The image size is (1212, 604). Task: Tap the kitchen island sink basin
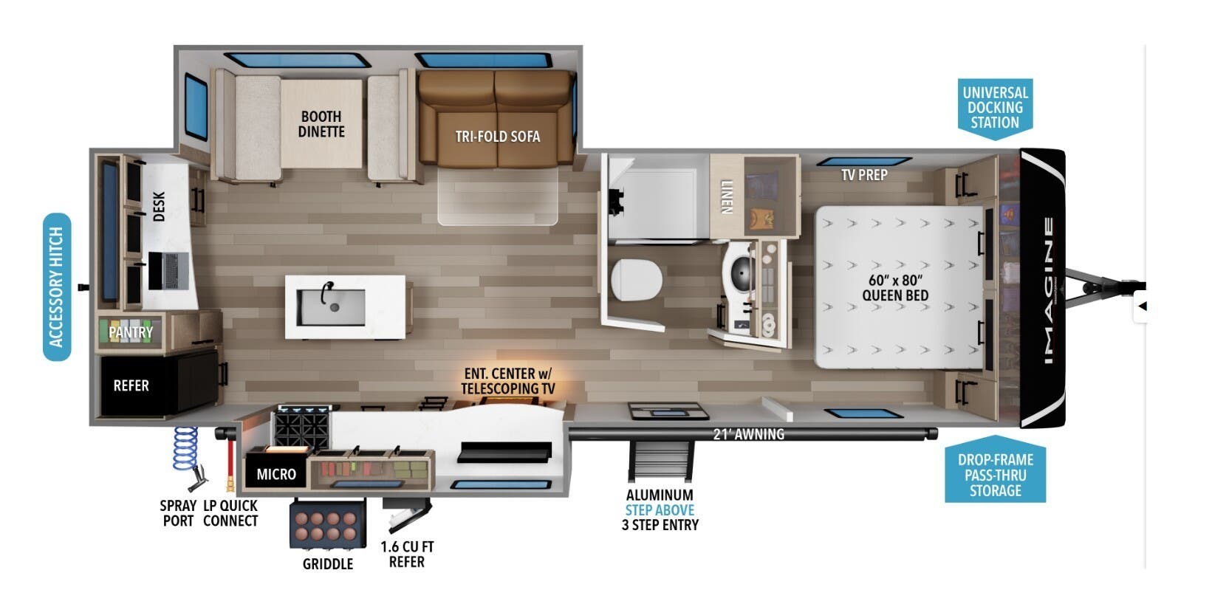pyautogui.click(x=331, y=307)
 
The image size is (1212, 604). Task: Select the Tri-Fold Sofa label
pyautogui.click(x=497, y=137)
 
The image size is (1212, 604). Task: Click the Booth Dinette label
pyautogui.click(x=321, y=124)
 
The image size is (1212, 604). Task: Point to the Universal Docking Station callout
pyautogui.click(x=995, y=107)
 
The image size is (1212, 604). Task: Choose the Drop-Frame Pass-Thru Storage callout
pyautogui.click(x=995, y=475)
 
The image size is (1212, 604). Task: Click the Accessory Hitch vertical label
pyautogui.click(x=57, y=287)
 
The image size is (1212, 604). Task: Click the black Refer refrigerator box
pyautogui.click(x=140, y=385)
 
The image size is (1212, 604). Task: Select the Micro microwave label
pyautogui.click(x=275, y=474)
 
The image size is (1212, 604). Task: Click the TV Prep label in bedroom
pyautogui.click(x=863, y=175)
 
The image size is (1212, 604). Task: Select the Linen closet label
pyautogui.click(x=726, y=196)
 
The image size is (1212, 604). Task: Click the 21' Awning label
pyautogui.click(x=748, y=434)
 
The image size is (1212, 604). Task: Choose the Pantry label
pyautogui.click(x=131, y=332)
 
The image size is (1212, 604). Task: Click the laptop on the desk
pyautogui.click(x=169, y=270)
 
